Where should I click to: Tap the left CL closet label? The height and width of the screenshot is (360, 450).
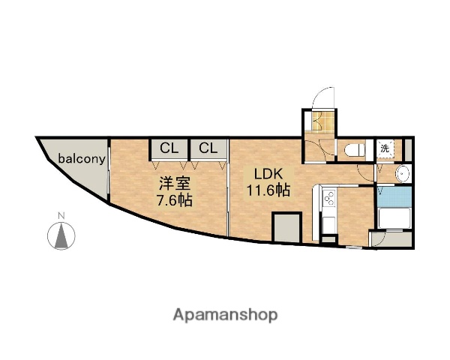coord(169,148)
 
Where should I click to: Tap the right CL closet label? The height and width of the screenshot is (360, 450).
coord(208,148)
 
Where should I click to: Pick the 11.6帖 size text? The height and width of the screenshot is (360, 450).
coord(268,190)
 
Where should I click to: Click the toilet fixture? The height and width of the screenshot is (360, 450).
coord(353,150)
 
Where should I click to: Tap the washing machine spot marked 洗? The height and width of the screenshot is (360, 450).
coord(384,148)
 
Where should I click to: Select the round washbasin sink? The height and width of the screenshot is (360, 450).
coord(403,174)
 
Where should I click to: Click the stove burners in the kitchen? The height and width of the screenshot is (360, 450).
coord(328,200)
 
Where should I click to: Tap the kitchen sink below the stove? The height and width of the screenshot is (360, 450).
coord(328,224)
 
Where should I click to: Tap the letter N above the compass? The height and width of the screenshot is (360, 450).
coord(62,217)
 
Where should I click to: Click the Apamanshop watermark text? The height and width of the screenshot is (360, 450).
coord(226,314)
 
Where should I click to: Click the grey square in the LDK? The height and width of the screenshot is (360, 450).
coord(286,227)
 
